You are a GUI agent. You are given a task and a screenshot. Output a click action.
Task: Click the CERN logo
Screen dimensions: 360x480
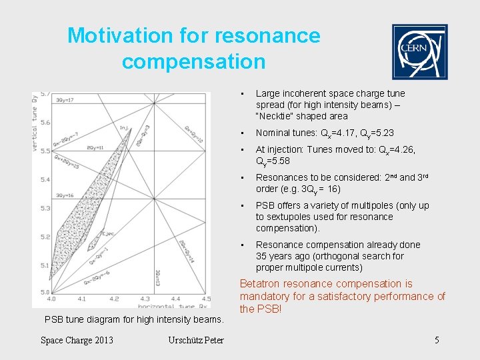click(x=419, y=52)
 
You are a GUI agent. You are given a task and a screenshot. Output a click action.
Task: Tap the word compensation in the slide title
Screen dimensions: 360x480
click(x=193, y=62)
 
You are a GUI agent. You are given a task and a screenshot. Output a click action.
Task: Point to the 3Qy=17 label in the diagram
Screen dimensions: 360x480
click(x=65, y=100)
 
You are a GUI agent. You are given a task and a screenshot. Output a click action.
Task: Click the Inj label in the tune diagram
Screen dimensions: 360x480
click(x=124, y=128)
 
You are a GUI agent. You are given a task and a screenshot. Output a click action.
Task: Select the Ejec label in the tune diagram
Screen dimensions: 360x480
click(x=107, y=233)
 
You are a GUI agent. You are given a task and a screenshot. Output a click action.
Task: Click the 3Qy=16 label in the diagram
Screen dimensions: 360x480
click(x=65, y=195)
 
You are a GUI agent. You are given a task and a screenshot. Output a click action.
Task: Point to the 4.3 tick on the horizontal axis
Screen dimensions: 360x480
click(x=145, y=299)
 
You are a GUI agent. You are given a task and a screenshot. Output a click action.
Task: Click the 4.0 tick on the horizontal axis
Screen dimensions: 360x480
click(x=51, y=299)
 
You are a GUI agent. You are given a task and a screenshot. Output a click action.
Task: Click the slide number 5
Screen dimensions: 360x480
click(x=437, y=341)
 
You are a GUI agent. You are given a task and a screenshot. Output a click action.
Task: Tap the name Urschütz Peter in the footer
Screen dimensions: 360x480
click(x=197, y=341)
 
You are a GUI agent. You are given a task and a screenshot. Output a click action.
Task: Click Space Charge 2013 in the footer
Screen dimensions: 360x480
click(x=77, y=341)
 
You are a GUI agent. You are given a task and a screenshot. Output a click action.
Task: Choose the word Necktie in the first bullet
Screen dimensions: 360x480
click(x=279, y=116)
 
